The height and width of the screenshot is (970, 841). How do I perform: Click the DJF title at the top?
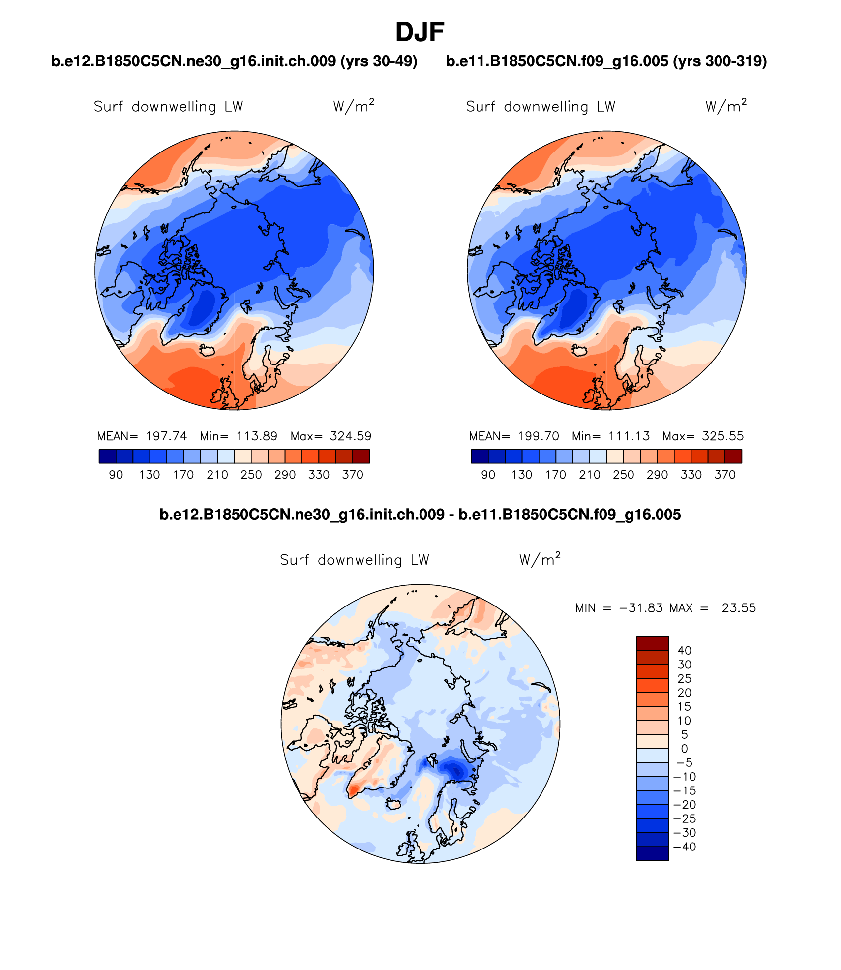[420, 32]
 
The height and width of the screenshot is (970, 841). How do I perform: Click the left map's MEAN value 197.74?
[166, 436]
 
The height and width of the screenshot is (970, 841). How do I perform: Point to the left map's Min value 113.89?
[257, 436]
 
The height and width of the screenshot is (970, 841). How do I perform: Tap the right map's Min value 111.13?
[629, 436]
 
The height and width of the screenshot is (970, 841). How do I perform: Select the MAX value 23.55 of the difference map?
[739, 608]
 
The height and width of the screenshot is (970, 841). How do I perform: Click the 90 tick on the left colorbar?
[116, 475]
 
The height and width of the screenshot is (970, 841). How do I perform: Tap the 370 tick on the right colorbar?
[724, 475]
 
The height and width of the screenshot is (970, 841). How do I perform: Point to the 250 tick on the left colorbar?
[251, 475]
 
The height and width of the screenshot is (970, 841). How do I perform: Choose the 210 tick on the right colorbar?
[589, 475]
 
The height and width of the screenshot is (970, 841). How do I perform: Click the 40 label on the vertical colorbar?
[684, 650]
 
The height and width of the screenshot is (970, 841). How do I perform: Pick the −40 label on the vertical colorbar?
[684, 847]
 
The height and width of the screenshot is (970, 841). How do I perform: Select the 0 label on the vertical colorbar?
[684, 749]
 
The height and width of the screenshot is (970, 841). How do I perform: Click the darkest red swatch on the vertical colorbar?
[652, 643]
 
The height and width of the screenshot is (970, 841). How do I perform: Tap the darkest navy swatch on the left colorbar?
[108, 456]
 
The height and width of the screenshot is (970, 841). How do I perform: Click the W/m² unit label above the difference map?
[540, 559]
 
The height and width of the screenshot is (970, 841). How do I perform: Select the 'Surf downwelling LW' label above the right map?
[541, 107]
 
